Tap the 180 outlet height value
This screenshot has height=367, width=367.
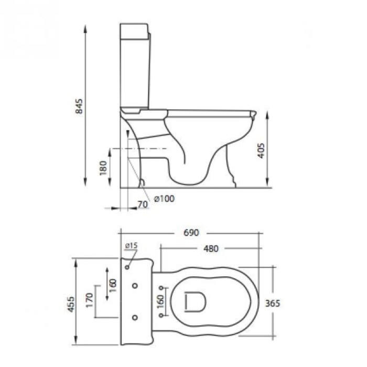coord(103,167)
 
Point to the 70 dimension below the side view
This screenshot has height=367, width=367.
coord(142,204)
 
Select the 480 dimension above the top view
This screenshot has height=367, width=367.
coord(210,249)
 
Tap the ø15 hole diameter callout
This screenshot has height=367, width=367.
coord(131,245)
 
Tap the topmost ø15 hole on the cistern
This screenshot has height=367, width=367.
coord(127,267)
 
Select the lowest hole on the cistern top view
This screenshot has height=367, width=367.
coord(135,317)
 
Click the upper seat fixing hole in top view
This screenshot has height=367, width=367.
coord(161,288)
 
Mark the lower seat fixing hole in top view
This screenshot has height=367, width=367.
coord(161,316)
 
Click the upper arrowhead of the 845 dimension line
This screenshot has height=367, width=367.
coord(85,26)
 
